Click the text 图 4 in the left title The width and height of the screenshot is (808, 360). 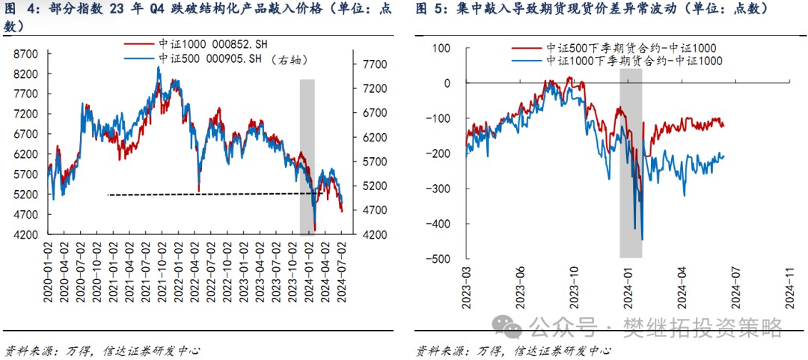22,9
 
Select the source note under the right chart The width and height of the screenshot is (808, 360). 513,350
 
